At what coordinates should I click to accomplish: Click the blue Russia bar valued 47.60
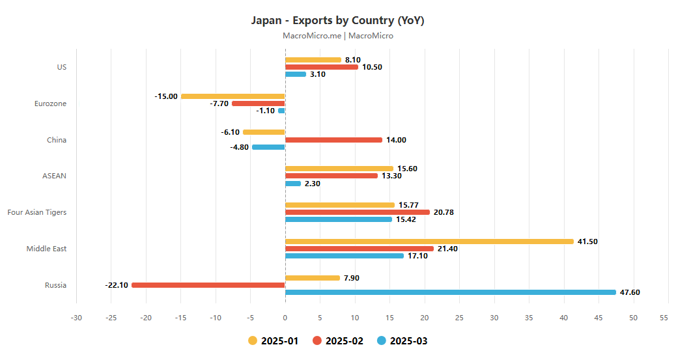[x=450, y=292]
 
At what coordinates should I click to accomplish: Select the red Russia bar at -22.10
[x=208, y=285]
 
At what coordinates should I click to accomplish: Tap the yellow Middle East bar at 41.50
[x=429, y=242]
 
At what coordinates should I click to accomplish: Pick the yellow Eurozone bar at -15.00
[x=232, y=96]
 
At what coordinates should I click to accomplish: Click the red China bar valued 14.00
[x=333, y=140]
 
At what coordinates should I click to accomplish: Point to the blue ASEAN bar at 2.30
[x=293, y=184]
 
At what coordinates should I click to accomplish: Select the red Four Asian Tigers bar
[x=358, y=212]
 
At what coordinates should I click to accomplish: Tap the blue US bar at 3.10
[x=296, y=74]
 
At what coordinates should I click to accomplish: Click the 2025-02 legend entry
[x=337, y=340]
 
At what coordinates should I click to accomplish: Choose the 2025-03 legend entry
[x=402, y=340]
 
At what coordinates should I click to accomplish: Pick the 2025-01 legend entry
[x=273, y=340]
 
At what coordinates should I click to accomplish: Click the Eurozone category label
[x=50, y=104]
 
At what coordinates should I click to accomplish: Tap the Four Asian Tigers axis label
[x=36, y=212]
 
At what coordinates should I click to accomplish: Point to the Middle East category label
[x=46, y=249]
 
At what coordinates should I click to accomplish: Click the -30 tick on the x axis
[x=76, y=318]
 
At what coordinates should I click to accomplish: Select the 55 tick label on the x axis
[x=664, y=318]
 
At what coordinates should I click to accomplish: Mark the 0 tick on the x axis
[x=285, y=318]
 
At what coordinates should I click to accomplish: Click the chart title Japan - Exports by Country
[x=337, y=20]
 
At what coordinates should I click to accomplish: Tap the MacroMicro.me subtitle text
[x=337, y=36]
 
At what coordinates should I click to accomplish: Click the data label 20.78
[x=444, y=212]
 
